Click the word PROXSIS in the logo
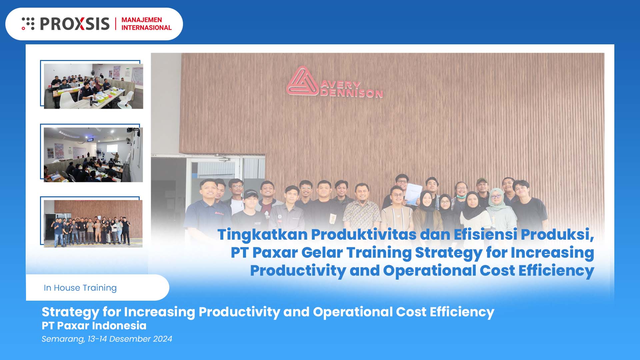click(x=75, y=24)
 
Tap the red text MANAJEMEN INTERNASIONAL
click(x=146, y=24)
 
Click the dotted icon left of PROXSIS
click(x=28, y=24)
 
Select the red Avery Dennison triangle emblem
click(x=302, y=82)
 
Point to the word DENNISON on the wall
click(x=351, y=93)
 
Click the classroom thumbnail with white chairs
click(x=93, y=86)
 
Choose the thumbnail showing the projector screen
click(x=93, y=155)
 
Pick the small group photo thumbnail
click(x=93, y=224)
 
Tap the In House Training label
click(x=80, y=288)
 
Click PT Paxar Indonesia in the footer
click(x=94, y=326)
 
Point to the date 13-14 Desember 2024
click(x=130, y=339)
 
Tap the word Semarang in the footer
click(x=63, y=339)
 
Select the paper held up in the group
click(x=413, y=193)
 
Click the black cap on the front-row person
click(x=250, y=193)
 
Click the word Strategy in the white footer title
click(x=70, y=312)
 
